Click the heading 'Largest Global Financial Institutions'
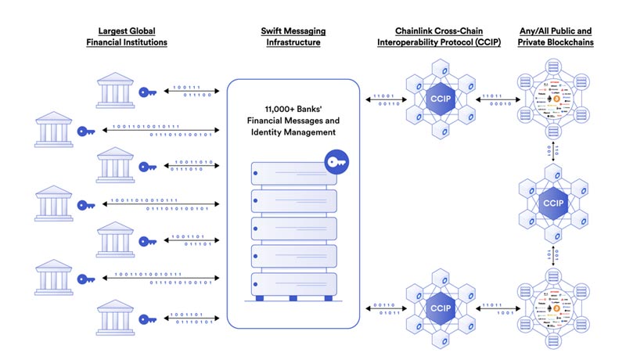[126, 37]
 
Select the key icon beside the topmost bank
[147, 92]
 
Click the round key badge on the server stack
[337, 163]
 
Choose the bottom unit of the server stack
[293, 283]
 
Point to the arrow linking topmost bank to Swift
[191, 92]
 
